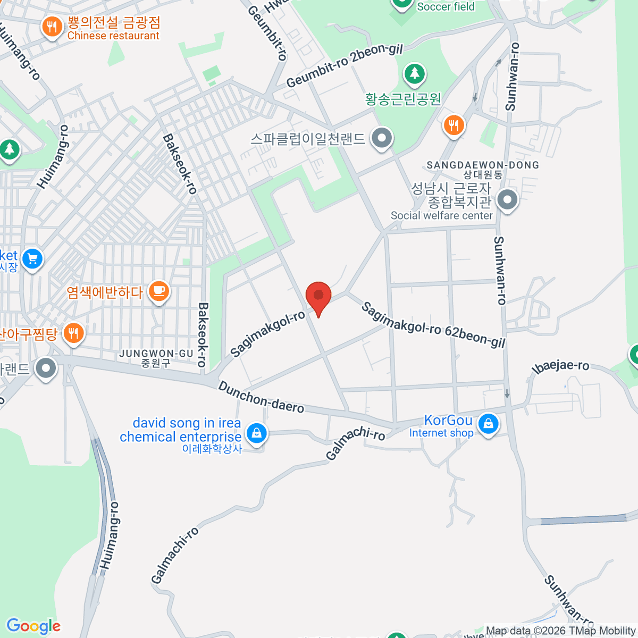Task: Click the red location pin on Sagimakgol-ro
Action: [318, 295]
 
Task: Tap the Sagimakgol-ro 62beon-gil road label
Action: [433, 325]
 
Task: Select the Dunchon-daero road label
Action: [261, 397]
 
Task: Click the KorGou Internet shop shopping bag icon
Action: [488, 424]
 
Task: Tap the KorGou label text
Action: [448, 420]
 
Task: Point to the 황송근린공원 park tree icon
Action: [414, 74]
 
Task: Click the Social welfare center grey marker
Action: [507, 201]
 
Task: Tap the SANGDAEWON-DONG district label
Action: [483, 165]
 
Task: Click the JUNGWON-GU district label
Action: [156, 354]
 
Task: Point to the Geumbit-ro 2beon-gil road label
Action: [345, 66]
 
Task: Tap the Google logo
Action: [33, 626]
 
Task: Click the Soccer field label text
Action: [446, 7]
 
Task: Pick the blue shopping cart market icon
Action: [32, 259]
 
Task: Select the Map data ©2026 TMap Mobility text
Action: [560, 631]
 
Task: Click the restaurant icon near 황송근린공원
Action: [454, 125]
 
